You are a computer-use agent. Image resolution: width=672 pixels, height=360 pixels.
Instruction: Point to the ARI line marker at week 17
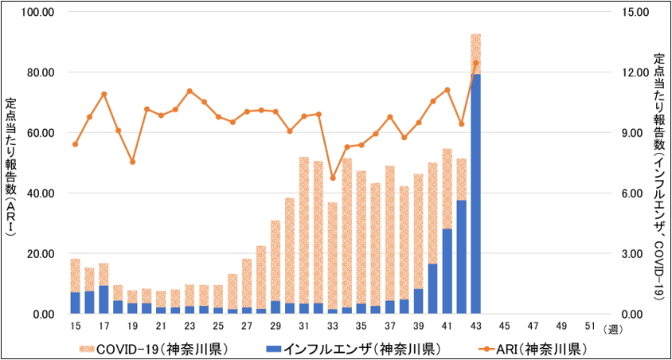(104, 94)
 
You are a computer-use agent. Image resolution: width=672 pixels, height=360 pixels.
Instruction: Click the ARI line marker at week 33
(333, 178)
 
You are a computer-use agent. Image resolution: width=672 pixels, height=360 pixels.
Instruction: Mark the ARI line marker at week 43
(476, 63)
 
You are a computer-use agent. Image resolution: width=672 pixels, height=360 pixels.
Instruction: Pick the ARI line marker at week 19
(133, 162)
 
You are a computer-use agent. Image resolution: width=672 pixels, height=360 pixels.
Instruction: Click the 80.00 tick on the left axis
(37, 72)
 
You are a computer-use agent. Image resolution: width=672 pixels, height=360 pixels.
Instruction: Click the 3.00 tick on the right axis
(635, 254)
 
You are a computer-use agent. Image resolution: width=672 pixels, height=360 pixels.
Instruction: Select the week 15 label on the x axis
(76, 326)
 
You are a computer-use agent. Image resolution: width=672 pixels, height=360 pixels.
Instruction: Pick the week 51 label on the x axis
(590, 326)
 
